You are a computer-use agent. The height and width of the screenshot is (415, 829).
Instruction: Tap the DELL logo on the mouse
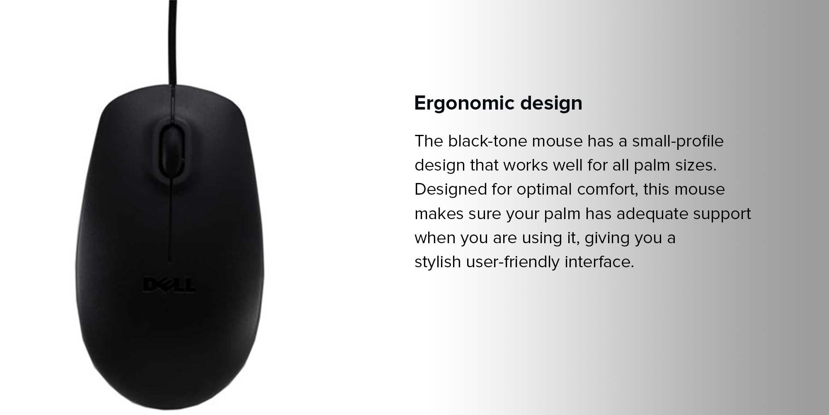coord(169,285)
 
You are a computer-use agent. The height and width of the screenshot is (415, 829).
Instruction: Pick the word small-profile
coord(678,142)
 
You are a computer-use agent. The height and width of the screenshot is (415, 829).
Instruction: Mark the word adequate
coord(652,214)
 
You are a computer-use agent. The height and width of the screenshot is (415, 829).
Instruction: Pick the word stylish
coord(438,262)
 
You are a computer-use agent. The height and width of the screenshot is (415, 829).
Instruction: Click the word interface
coord(599,262)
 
